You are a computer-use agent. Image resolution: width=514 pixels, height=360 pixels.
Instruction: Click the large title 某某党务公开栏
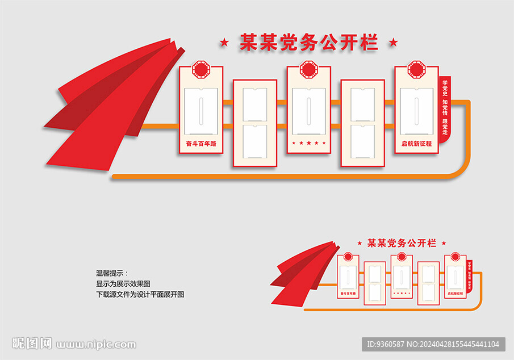click(308, 43)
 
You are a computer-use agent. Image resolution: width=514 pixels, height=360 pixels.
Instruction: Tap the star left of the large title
click(225, 42)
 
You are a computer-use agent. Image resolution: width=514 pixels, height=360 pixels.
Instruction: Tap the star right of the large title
click(392, 42)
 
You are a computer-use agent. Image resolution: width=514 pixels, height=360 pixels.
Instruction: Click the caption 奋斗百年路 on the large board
click(201, 144)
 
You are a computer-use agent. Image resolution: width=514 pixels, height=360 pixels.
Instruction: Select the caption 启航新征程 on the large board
click(416, 144)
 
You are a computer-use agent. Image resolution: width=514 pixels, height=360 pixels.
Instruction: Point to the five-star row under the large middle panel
click(308, 143)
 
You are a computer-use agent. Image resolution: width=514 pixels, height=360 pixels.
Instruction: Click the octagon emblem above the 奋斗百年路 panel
click(201, 70)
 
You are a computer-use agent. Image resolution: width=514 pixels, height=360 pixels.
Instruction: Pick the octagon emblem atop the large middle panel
click(308, 70)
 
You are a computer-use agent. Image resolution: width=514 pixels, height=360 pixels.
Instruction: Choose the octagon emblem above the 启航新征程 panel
click(416, 70)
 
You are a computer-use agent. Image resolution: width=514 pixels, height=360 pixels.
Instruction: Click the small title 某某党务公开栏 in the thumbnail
click(402, 243)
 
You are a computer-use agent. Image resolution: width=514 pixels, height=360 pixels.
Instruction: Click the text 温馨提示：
click(112, 273)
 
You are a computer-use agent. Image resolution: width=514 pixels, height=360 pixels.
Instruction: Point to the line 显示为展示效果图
click(123, 283)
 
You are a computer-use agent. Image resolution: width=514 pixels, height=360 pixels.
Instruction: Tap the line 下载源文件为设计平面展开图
click(140, 294)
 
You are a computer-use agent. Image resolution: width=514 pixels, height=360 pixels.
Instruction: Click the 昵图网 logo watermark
click(32, 344)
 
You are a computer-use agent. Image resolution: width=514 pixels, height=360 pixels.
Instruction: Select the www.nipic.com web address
click(97, 344)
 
